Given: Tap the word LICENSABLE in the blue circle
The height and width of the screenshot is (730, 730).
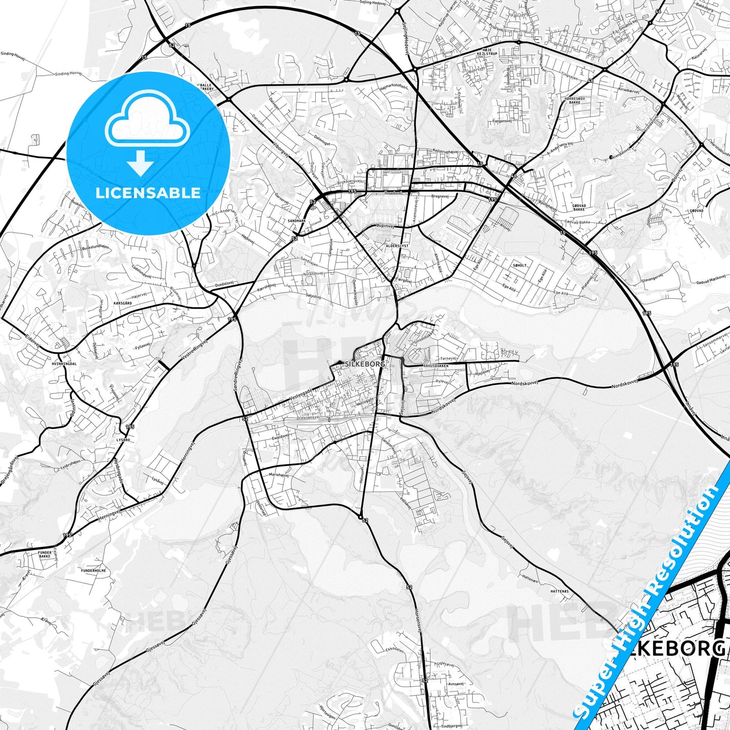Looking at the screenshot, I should tap(148, 193).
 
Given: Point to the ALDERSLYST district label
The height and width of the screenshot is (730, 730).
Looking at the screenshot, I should tap(397, 245).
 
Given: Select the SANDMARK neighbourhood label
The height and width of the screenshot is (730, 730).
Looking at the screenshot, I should tap(297, 221).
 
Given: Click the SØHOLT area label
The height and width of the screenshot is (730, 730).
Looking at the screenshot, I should tap(519, 265).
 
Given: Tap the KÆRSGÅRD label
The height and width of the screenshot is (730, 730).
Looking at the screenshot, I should tap(123, 303).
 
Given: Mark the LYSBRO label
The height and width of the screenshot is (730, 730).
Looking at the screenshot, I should tap(123, 440).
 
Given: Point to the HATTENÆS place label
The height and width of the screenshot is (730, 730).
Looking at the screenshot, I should tap(560, 591).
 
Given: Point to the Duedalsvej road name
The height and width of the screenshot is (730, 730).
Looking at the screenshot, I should tap(225, 285).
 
